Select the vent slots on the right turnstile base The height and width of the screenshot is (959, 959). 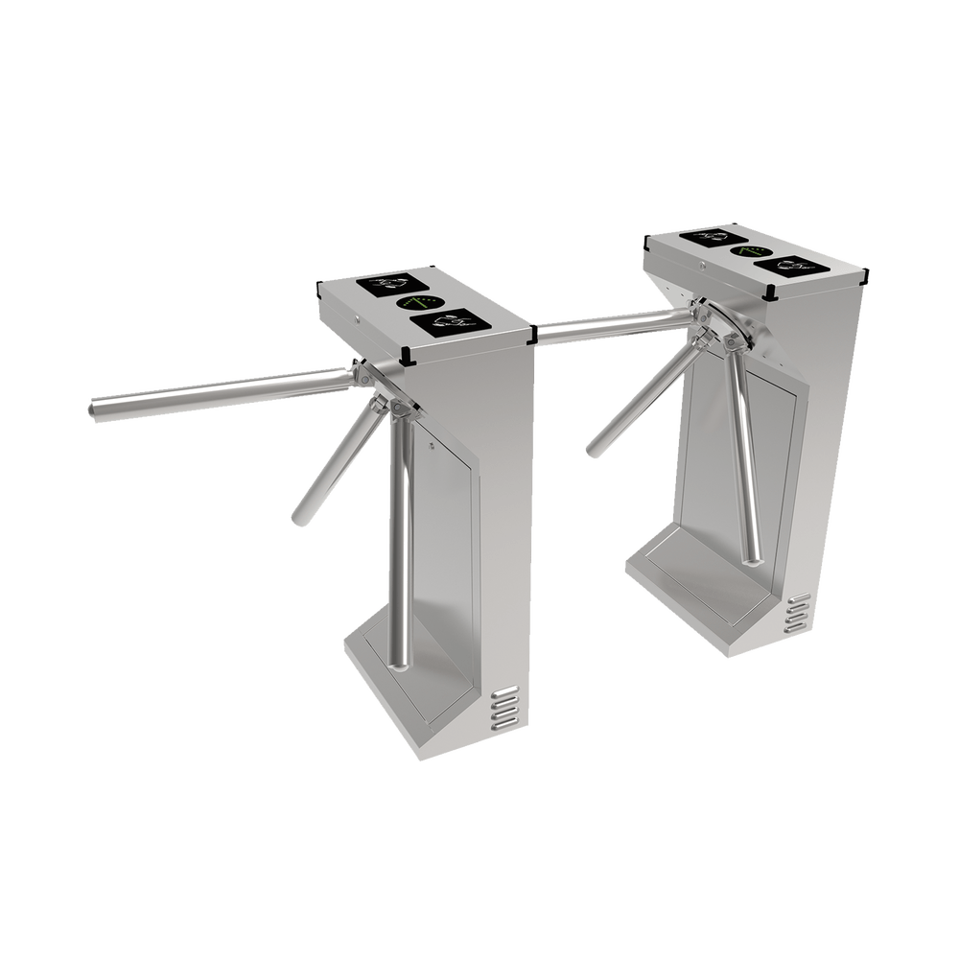tap(798, 614)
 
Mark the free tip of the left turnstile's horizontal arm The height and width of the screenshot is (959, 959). tap(93, 409)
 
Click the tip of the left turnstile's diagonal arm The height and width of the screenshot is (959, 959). tap(299, 519)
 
